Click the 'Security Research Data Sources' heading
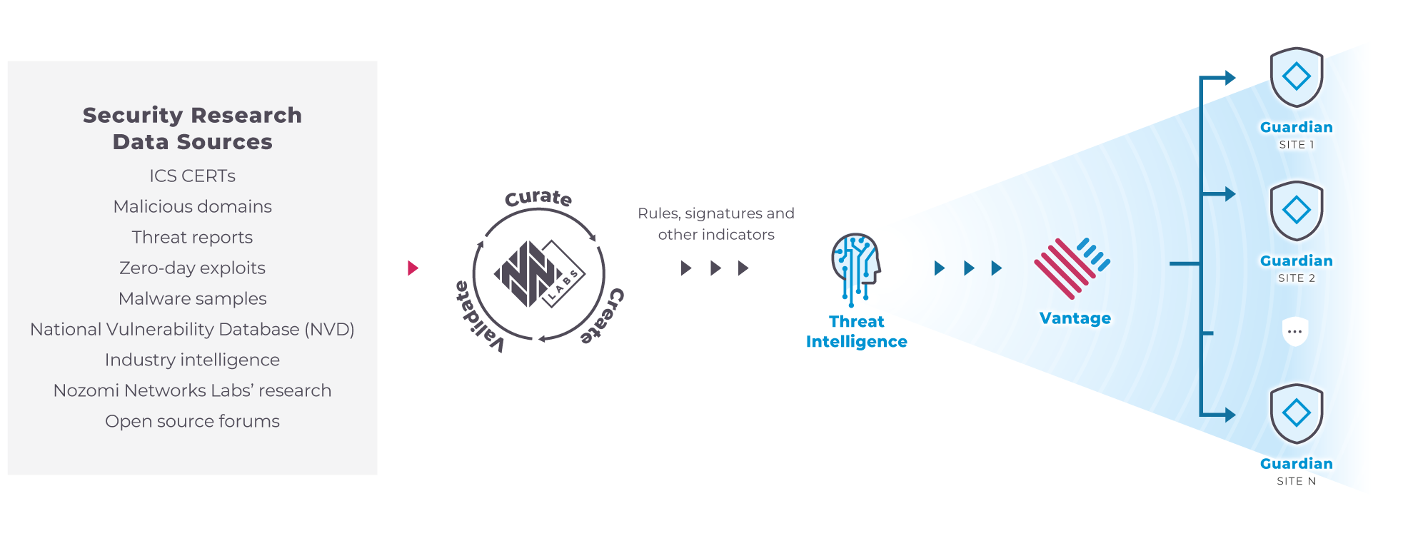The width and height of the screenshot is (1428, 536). pyautogui.click(x=192, y=128)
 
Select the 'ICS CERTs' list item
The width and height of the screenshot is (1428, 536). pyautogui.click(x=192, y=176)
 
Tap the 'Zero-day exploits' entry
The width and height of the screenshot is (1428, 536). pyautogui.click(x=192, y=268)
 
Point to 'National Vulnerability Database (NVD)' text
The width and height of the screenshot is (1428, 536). pyautogui.click(x=192, y=329)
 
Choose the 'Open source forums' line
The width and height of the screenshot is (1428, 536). pyautogui.click(x=192, y=421)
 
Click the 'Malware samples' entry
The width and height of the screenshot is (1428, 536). pyautogui.click(x=192, y=298)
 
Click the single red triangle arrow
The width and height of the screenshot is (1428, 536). pyautogui.click(x=413, y=268)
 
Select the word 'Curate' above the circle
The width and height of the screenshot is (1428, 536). pyautogui.click(x=538, y=198)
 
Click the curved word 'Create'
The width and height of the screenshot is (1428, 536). pyautogui.click(x=603, y=316)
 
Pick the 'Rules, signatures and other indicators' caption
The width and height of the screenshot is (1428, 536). pyautogui.click(x=716, y=223)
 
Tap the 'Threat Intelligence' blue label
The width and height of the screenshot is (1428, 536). pyautogui.click(x=856, y=331)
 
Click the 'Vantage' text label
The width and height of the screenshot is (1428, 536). pyautogui.click(x=1075, y=318)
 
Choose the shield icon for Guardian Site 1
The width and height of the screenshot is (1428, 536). pyautogui.click(x=1296, y=76)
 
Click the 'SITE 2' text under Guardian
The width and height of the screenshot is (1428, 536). pyautogui.click(x=1296, y=278)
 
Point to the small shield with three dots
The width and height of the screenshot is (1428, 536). pyautogui.click(x=1294, y=331)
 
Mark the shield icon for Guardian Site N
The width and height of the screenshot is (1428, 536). pyautogui.click(x=1296, y=413)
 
